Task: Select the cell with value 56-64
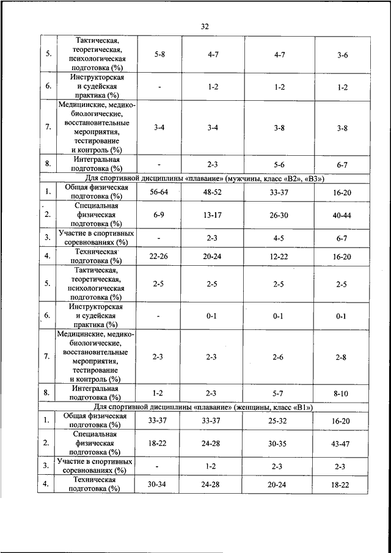coord(158,192)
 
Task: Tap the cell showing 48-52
coord(213,192)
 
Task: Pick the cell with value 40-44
coord(342,214)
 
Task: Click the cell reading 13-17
coord(213,214)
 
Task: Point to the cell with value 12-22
coord(279,257)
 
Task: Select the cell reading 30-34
coord(158,484)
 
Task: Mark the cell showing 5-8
coord(159,54)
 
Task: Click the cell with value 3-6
coord(342,55)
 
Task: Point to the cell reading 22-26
coord(158,257)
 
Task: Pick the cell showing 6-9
coord(158,214)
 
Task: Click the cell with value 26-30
coord(279,214)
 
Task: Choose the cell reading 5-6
coord(279,164)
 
